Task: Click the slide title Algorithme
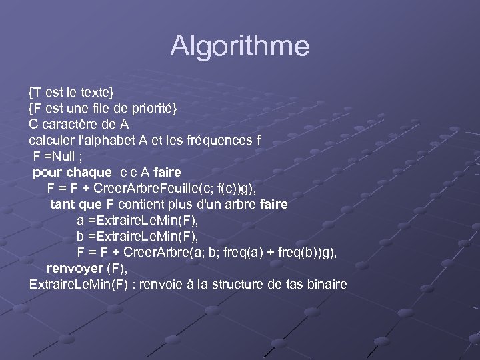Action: coord(240,46)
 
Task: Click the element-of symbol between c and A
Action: coord(133,173)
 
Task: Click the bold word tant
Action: coord(62,204)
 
